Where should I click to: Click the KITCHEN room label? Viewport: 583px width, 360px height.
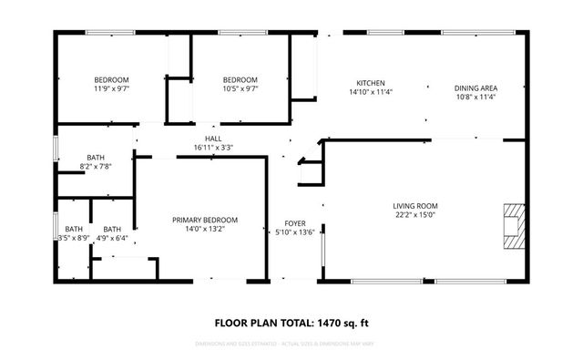click(363, 81)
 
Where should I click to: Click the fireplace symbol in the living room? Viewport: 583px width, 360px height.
click(515, 223)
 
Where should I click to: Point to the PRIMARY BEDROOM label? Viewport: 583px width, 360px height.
click(205, 221)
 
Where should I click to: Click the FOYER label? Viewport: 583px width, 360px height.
click(294, 223)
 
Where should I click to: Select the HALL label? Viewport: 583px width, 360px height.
click(213, 139)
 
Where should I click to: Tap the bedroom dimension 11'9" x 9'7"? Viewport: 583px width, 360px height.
click(111, 89)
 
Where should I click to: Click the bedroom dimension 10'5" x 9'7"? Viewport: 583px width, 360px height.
click(240, 89)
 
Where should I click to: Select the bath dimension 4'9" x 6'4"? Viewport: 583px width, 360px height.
click(113, 238)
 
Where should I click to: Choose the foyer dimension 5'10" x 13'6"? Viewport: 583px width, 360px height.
click(295, 232)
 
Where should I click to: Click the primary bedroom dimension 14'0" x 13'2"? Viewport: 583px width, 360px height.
click(205, 230)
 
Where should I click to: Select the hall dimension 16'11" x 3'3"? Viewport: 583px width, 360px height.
click(213, 148)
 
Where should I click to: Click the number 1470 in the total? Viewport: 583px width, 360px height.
click(332, 322)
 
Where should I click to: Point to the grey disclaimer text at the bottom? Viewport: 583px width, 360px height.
click(291, 345)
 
